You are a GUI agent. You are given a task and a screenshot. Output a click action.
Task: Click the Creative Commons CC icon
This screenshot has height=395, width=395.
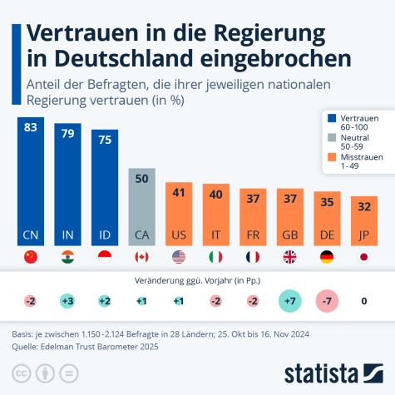pos(21,372)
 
